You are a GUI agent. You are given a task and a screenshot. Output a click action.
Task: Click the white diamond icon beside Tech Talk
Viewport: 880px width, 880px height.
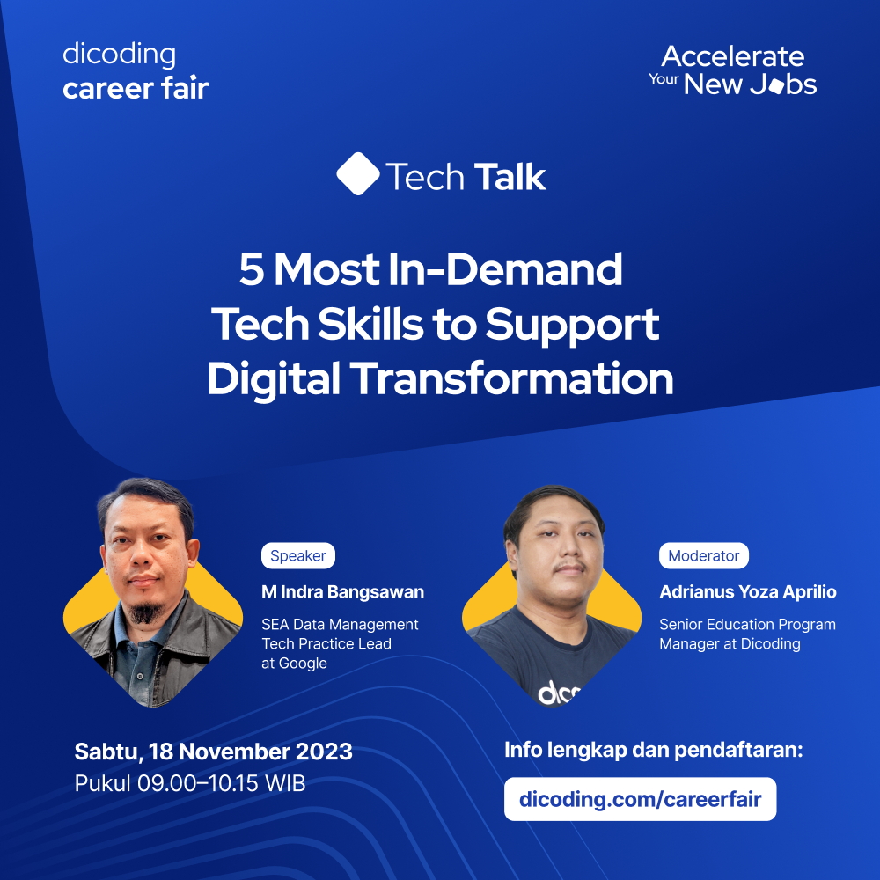(x=358, y=174)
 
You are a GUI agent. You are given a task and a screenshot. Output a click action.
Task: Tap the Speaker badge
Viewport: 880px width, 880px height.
(x=297, y=556)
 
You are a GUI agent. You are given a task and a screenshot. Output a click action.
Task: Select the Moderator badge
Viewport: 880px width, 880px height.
(x=703, y=556)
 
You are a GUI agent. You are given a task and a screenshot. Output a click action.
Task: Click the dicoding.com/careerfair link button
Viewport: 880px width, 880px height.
(x=640, y=800)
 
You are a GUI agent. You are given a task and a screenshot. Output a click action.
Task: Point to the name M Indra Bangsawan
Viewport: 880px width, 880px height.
(x=342, y=592)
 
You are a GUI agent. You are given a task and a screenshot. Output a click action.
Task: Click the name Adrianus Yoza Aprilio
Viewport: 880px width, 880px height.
(x=747, y=592)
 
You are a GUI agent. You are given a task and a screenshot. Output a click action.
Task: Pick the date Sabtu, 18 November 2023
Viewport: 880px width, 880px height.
(x=213, y=752)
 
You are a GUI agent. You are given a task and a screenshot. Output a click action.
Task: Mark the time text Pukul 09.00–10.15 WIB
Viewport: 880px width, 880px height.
(x=190, y=783)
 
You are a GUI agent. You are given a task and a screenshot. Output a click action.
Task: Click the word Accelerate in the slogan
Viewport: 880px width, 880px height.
(x=732, y=57)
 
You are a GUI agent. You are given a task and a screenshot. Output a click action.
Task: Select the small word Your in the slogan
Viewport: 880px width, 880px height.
(x=664, y=78)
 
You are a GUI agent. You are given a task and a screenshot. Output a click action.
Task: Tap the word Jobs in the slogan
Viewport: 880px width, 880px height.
(x=782, y=84)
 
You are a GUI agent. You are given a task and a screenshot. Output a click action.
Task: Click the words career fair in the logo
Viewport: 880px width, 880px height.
(x=136, y=88)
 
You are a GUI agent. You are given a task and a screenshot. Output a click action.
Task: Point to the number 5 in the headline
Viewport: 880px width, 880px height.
(x=252, y=270)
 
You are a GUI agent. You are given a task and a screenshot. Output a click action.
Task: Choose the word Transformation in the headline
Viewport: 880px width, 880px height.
(x=512, y=378)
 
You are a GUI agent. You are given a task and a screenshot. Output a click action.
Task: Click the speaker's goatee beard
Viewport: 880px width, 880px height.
(x=146, y=612)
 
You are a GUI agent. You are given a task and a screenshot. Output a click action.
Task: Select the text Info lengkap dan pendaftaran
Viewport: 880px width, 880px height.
(x=653, y=751)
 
